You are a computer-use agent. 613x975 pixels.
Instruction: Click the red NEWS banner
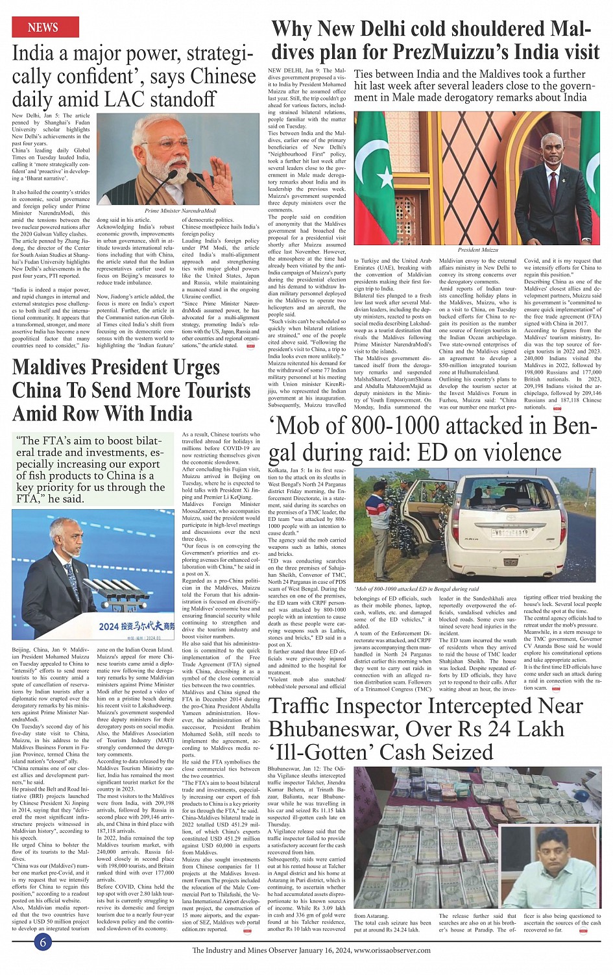(45, 27)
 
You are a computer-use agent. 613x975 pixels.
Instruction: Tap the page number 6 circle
(43, 942)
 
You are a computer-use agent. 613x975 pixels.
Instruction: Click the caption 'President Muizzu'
(477, 250)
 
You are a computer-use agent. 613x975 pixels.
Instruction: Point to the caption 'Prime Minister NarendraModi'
(180, 211)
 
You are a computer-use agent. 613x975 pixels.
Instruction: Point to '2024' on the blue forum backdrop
(108, 627)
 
